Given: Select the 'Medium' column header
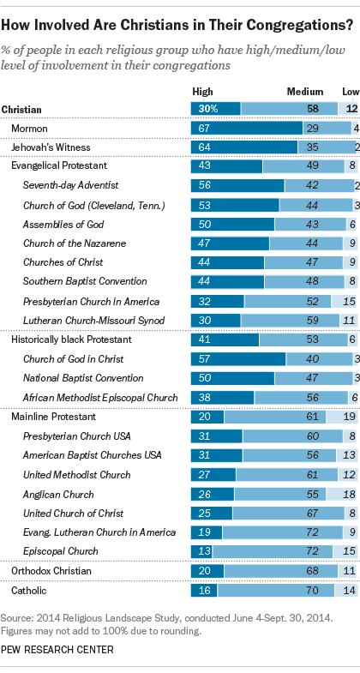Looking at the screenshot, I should click(x=306, y=92).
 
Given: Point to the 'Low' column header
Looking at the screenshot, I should click(x=350, y=92).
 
